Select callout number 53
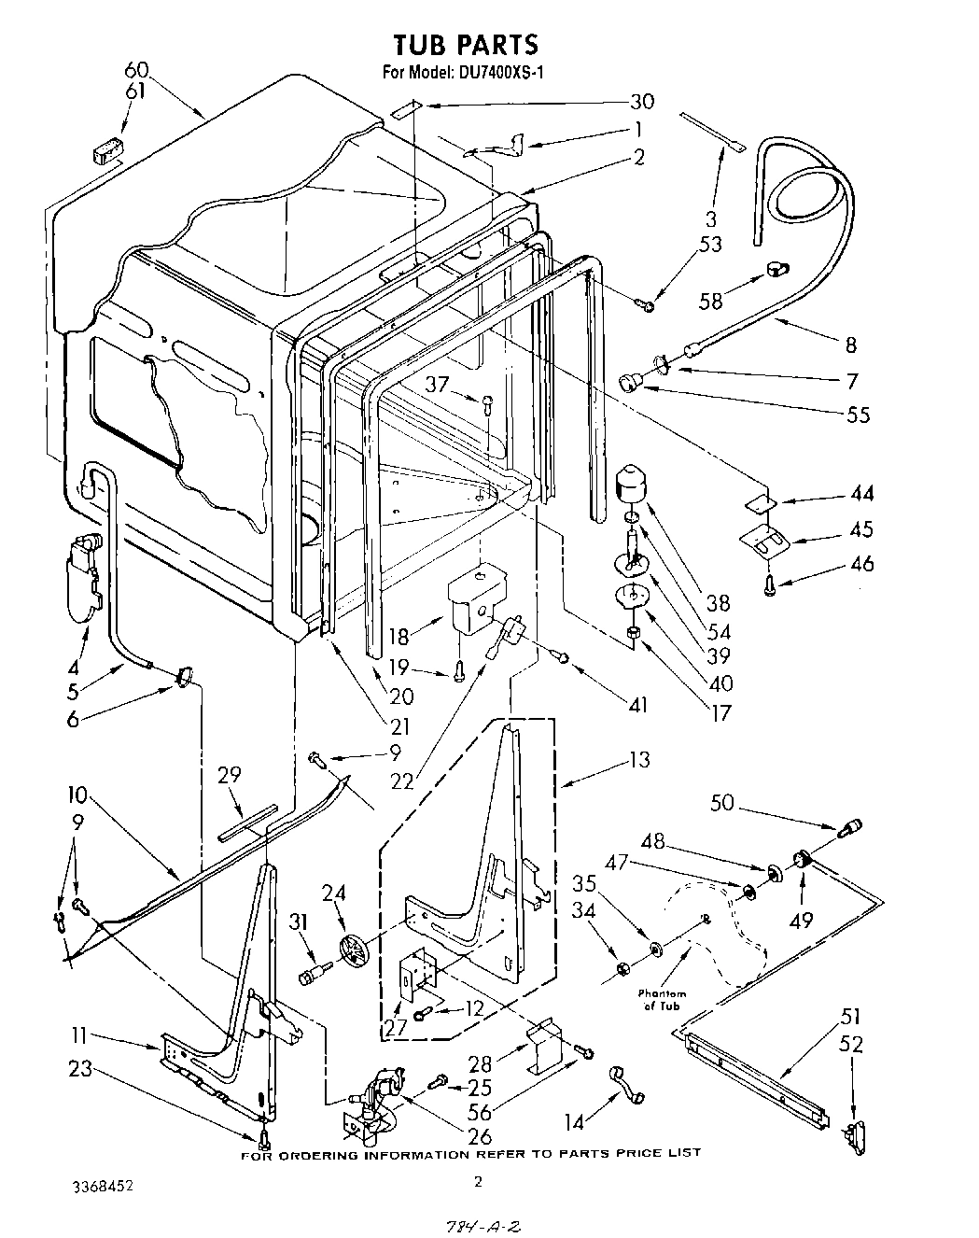[x=711, y=245]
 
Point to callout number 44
[x=861, y=494]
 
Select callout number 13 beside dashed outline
[x=640, y=759]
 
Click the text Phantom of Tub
[x=663, y=999]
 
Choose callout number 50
[x=721, y=802]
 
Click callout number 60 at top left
[x=136, y=70]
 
